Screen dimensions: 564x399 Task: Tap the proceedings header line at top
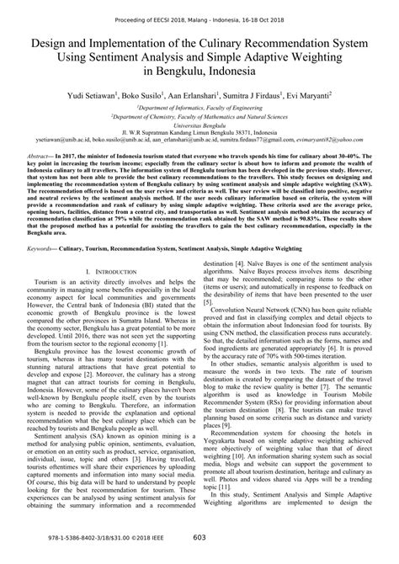click(199, 8)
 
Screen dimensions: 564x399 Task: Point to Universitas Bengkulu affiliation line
click(199, 146)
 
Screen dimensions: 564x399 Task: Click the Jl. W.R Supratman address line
click(199, 156)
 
